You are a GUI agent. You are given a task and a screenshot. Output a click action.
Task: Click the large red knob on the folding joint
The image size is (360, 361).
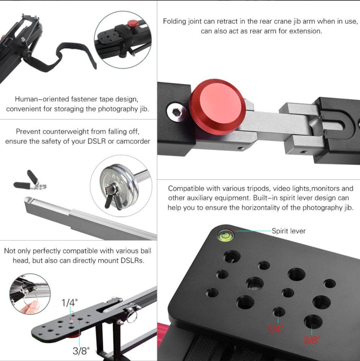[217, 107]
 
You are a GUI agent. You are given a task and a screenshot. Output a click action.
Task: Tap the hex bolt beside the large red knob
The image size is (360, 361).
[176, 112]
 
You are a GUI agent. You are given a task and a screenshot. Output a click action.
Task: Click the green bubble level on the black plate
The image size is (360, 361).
[225, 235]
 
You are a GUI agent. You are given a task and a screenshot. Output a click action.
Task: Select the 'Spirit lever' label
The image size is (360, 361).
[289, 231]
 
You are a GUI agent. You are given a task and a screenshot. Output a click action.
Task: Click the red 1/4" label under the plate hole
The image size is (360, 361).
[275, 329]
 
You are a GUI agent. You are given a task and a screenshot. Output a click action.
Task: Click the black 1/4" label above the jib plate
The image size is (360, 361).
[69, 303]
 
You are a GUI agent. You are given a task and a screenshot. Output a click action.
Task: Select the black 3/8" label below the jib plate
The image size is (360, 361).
[81, 351]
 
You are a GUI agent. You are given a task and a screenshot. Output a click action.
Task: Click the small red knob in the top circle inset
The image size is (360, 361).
[133, 24]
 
